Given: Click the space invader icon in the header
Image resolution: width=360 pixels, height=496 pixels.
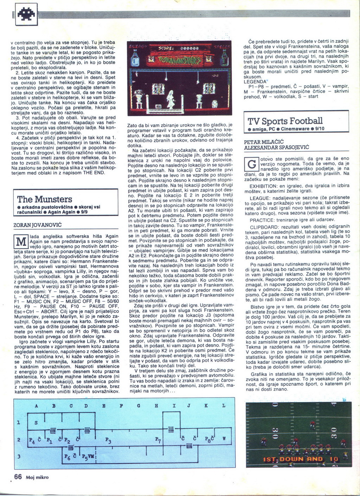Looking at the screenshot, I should [26, 14].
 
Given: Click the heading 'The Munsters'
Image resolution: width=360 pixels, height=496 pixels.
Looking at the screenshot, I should [45, 199].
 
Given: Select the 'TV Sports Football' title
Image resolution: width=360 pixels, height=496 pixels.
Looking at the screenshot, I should [285, 121].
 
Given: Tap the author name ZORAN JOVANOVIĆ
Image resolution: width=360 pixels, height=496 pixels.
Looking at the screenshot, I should [37, 224].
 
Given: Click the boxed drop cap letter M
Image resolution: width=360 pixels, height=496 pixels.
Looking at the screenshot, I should [21, 241].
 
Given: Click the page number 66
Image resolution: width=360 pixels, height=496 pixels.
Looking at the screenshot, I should [18, 477].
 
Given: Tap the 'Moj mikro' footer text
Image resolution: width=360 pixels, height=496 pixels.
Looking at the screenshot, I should [37, 477].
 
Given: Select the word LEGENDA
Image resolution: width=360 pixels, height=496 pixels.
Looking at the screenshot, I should [255, 82].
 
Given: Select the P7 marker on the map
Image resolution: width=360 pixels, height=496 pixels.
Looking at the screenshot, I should [158, 440].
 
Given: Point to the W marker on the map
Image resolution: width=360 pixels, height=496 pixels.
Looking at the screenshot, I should [224, 439].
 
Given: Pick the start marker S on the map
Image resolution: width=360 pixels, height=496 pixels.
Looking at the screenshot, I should [36, 423].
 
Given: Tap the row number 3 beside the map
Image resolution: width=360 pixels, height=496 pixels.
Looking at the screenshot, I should [19, 456].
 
